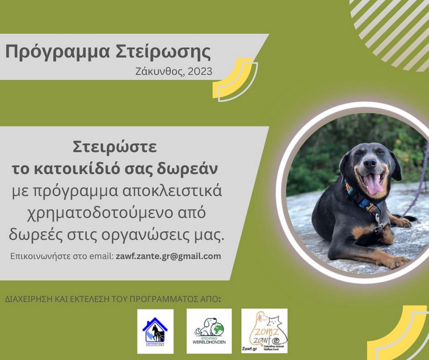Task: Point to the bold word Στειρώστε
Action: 115,147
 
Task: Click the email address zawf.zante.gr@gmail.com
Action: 168,256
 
